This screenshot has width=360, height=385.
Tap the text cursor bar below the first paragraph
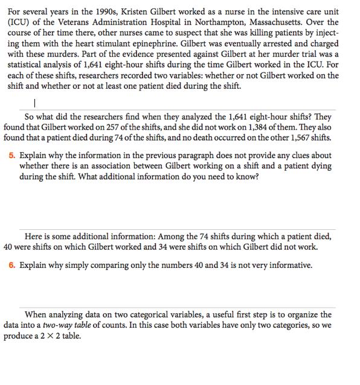tap(36, 103)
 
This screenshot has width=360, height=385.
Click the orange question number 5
tap(12, 155)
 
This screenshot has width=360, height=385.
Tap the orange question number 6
tap(12, 265)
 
